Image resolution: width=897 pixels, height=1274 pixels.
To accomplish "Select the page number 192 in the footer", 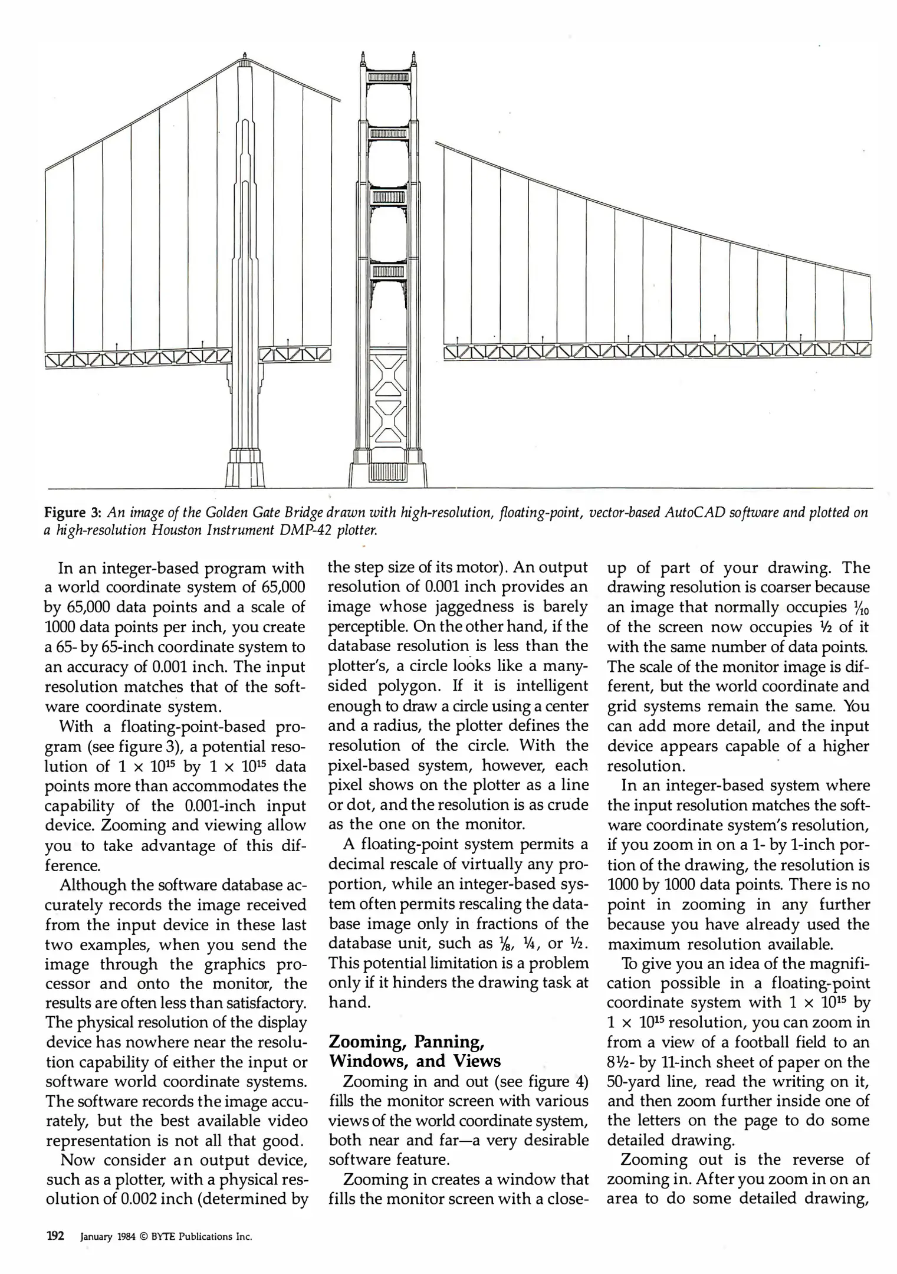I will click(x=55, y=1236).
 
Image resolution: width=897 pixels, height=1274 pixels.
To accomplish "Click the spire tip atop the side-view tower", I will click(x=244, y=54).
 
